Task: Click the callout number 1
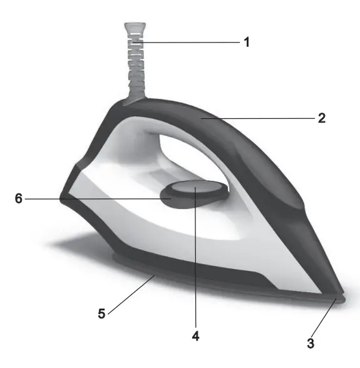(247, 43)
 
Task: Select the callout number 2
(322, 118)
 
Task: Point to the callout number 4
(196, 337)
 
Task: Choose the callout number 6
(19, 198)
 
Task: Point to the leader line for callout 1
(188, 42)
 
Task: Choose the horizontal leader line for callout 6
(94, 198)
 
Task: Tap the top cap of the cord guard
(135, 27)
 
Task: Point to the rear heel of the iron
(69, 188)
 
